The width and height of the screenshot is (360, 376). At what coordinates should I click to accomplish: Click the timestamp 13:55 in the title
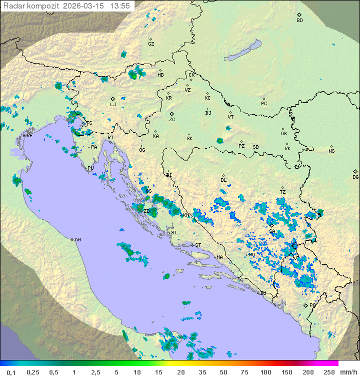point(120,6)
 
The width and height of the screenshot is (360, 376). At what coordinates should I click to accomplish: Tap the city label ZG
point(172,120)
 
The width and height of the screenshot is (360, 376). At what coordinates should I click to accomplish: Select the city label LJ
point(113,104)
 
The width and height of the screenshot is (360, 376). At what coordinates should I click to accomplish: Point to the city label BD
point(299,21)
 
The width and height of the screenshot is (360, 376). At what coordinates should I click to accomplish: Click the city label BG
point(355,177)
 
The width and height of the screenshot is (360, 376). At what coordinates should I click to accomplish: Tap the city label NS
point(331,151)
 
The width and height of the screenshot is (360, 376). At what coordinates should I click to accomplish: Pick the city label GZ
point(151,44)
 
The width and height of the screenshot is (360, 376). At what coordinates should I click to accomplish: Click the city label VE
point(29,136)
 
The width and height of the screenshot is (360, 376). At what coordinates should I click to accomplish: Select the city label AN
point(77,240)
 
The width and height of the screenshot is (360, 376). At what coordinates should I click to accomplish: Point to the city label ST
point(198,245)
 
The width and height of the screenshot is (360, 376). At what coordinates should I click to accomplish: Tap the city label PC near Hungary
point(264,103)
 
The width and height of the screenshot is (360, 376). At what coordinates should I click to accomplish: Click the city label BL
point(223,180)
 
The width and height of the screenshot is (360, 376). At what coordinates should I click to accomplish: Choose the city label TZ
point(283,192)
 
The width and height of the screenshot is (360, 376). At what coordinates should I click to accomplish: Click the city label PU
point(90,168)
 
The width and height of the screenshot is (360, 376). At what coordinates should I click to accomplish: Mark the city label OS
point(283,133)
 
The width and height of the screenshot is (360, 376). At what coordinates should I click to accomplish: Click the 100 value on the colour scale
point(265,372)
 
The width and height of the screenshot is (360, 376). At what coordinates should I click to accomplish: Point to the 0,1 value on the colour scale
point(11,372)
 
